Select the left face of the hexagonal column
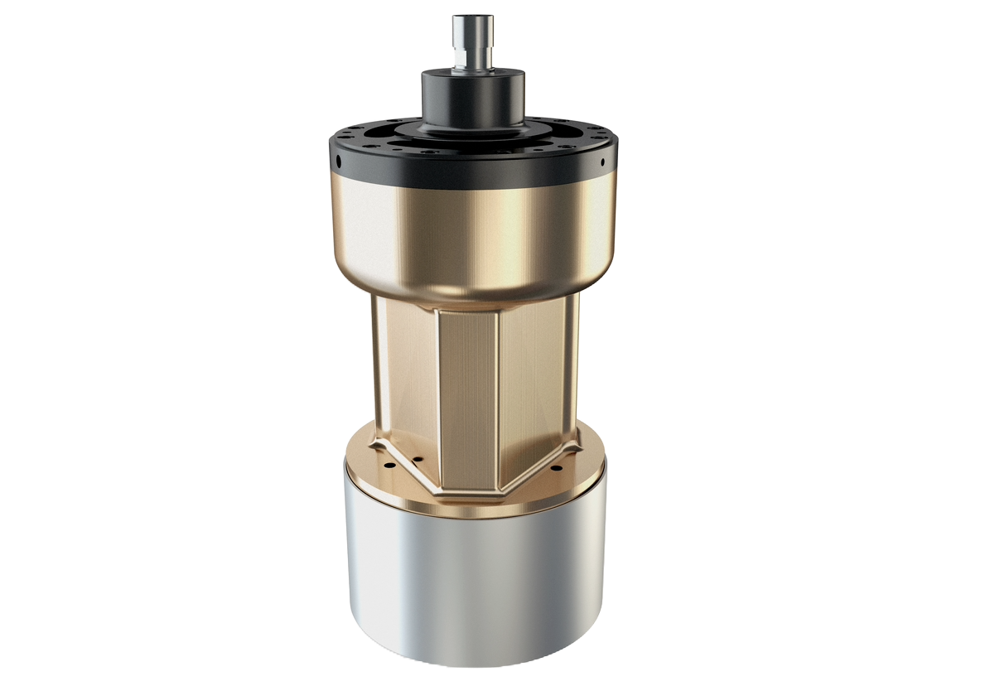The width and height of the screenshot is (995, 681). coord(406,373)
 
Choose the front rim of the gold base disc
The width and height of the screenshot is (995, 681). coord(472,509)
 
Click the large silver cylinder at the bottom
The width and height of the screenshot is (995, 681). coord(476,588)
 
